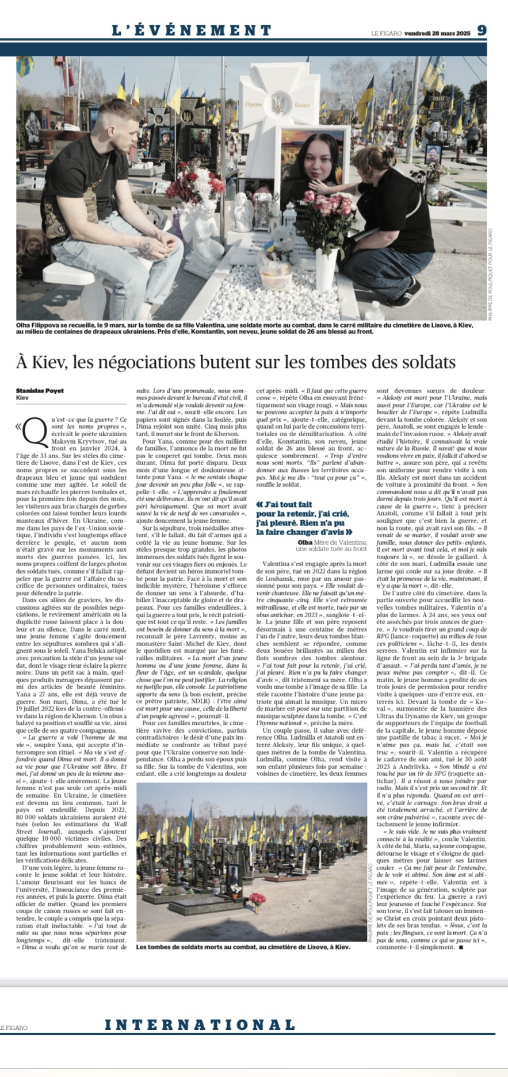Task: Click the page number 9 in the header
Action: [482, 30]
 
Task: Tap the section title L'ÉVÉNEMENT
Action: [192, 30]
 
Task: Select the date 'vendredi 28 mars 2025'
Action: [437, 33]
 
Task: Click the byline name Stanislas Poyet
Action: [40, 391]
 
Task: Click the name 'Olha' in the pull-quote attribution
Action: [305, 542]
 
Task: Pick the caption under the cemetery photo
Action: [243, 947]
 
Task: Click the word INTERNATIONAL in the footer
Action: [200, 1024]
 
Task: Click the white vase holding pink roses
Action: [326, 265]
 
